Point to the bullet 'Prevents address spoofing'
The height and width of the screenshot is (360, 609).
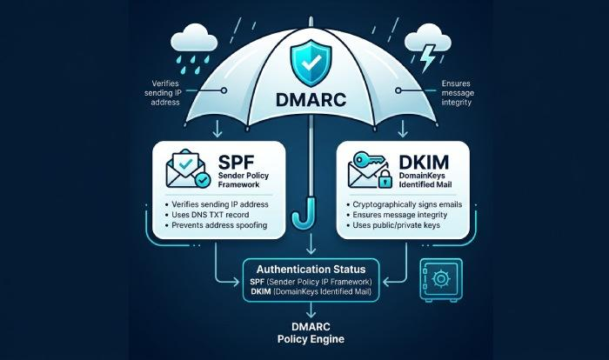(221, 226)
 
